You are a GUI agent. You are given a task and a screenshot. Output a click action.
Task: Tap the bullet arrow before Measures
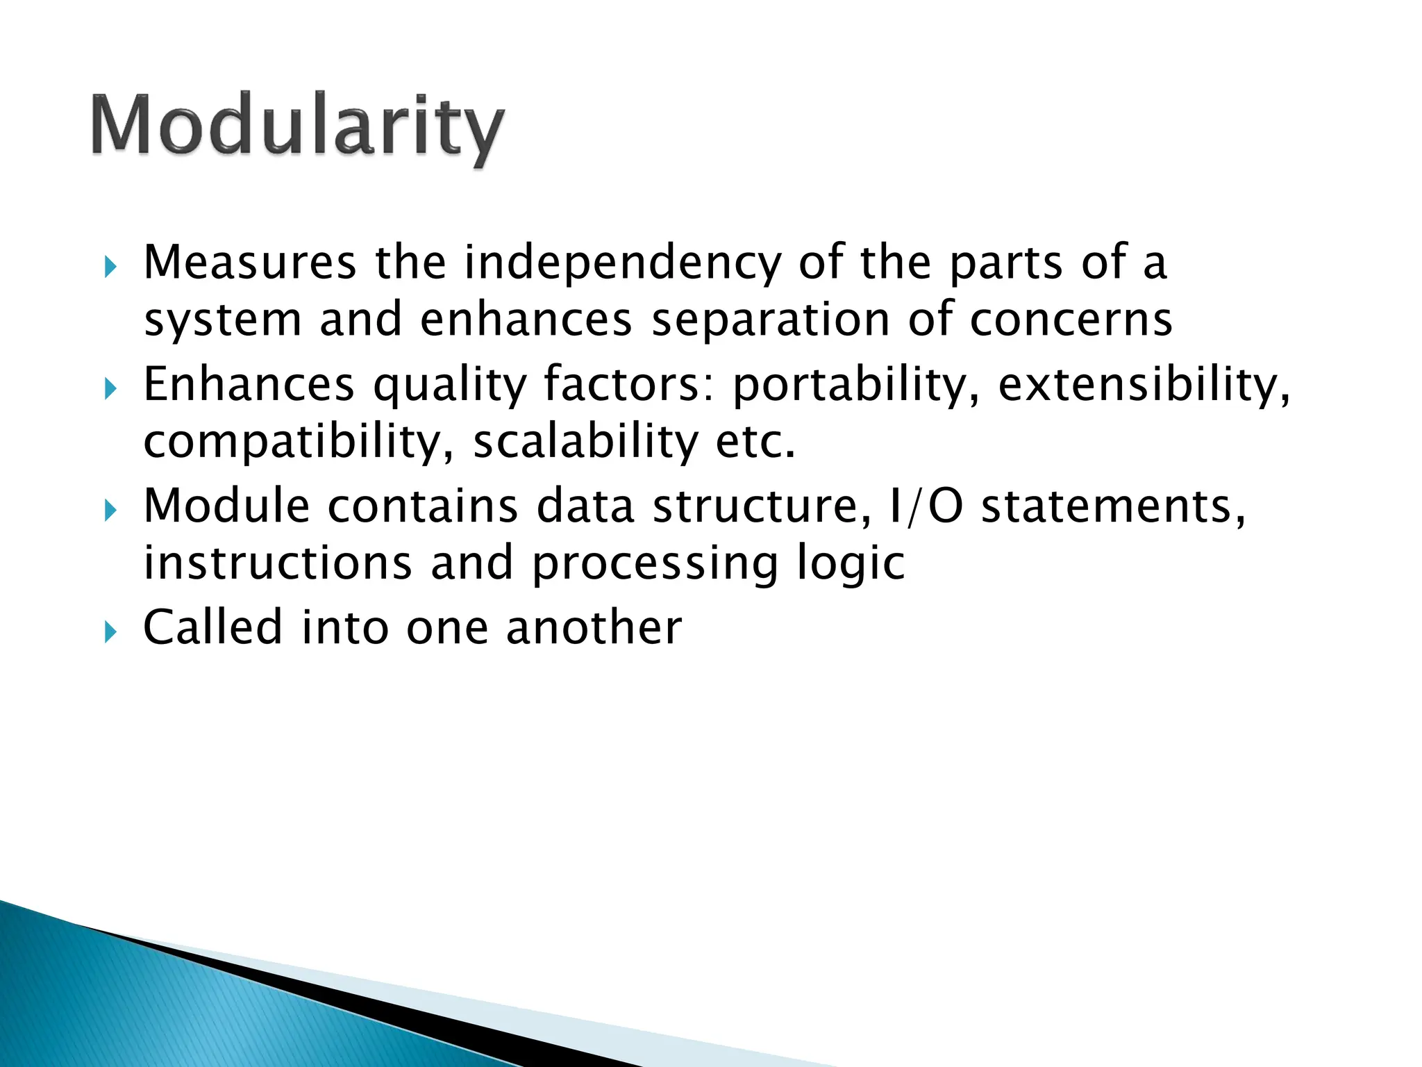(x=110, y=267)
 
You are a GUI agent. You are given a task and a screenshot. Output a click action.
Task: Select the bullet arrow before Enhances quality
(x=110, y=389)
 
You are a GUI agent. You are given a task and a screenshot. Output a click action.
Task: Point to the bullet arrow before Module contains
(x=110, y=511)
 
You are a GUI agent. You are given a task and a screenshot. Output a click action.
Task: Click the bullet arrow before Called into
(x=110, y=632)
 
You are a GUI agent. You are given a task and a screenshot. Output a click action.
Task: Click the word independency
(x=623, y=264)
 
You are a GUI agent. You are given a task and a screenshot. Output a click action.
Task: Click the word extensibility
(x=1144, y=386)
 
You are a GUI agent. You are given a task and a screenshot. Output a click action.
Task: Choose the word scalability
(x=585, y=442)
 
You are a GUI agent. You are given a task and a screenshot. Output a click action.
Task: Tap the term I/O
(x=925, y=506)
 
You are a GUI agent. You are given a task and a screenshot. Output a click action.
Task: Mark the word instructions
(x=278, y=563)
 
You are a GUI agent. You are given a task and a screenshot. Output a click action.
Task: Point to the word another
(x=594, y=628)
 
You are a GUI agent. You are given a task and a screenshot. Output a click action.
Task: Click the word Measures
(x=250, y=263)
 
